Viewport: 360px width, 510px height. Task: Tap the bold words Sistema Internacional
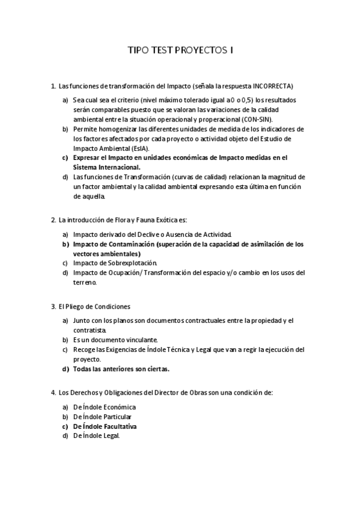[x=106, y=167]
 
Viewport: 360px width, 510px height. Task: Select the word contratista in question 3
[x=90, y=330]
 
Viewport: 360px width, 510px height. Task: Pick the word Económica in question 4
[x=115, y=407]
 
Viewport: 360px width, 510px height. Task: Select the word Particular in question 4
[x=114, y=417]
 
